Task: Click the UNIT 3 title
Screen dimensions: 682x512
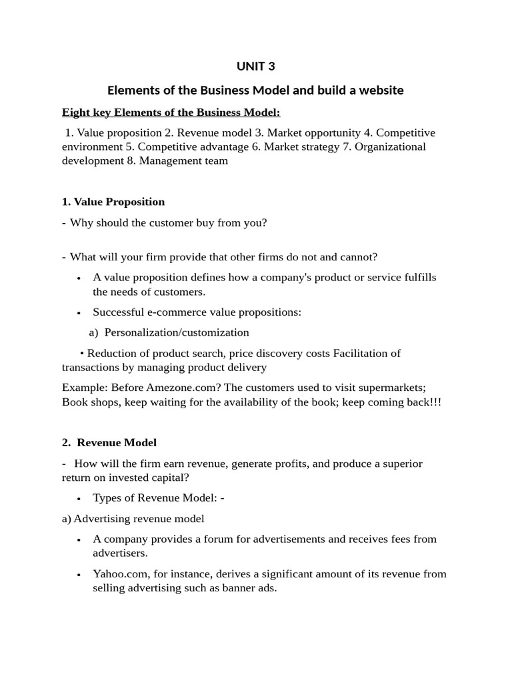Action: tap(256, 66)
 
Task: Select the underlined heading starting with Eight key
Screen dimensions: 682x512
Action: tap(171, 112)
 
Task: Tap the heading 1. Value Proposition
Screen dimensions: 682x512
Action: tap(113, 202)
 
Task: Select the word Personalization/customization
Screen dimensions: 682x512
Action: tap(177, 332)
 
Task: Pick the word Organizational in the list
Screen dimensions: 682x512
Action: tap(390, 147)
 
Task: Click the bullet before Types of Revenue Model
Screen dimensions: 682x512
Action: tap(79, 499)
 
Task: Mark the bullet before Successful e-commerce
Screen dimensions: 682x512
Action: tap(79, 313)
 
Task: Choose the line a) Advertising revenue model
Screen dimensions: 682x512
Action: tap(133, 519)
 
